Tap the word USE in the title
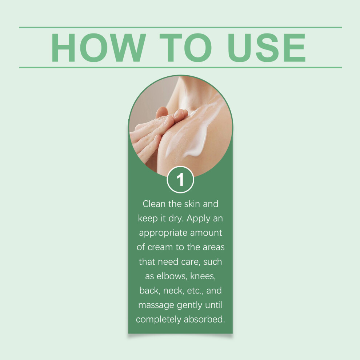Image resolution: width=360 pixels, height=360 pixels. [267, 48]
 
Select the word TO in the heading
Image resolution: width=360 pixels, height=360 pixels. [185, 48]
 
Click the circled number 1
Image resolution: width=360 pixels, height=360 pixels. [180, 180]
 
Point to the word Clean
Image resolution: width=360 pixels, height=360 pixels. [154, 204]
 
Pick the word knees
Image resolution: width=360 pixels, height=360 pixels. [203, 276]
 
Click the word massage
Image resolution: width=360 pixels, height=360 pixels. [156, 305]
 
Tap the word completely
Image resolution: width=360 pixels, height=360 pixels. [159, 320]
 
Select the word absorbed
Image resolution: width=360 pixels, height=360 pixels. [204, 319]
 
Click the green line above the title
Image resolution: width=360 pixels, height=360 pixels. [180, 27]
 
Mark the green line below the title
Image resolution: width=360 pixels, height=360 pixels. [180, 68]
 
